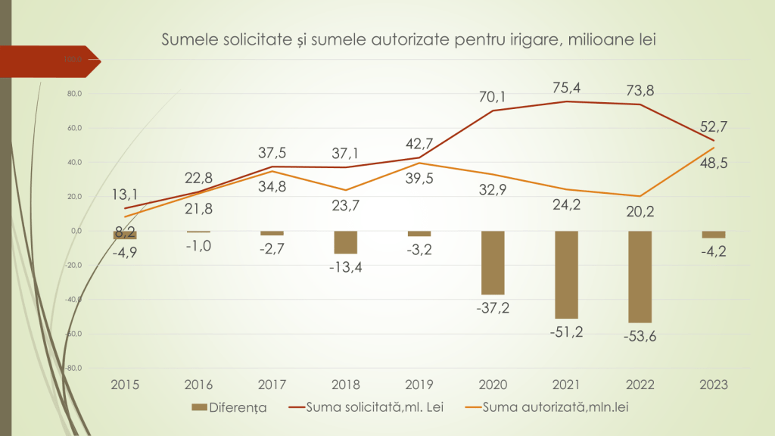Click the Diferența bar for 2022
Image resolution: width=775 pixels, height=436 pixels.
pos(640,276)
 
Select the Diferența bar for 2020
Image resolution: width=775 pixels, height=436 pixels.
pos(493,262)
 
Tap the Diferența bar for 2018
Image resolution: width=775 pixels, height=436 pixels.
pos(346,242)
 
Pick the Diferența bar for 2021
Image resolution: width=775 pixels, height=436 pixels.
pos(566,274)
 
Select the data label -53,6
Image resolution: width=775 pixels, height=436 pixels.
pos(640,336)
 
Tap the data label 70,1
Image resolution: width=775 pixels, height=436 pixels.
pos(493,96)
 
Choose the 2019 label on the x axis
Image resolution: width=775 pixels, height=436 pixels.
pos(419,385)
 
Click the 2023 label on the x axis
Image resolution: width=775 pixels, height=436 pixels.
pos(714,385)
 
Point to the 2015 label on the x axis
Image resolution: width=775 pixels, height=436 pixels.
pos(125,385)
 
